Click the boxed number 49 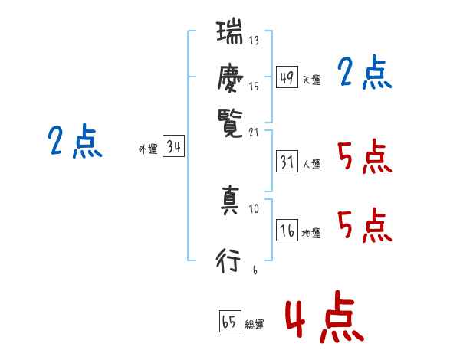click(287, 77)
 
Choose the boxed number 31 click(287, 162)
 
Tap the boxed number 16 click(287, 231)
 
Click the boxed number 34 click(173, 147)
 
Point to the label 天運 click(311, 79)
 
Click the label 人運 click(311, 164)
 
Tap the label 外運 click(148, 149)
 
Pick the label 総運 click(255, 324)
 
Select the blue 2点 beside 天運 click(364, 74)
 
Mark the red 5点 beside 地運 click(364, 227)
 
